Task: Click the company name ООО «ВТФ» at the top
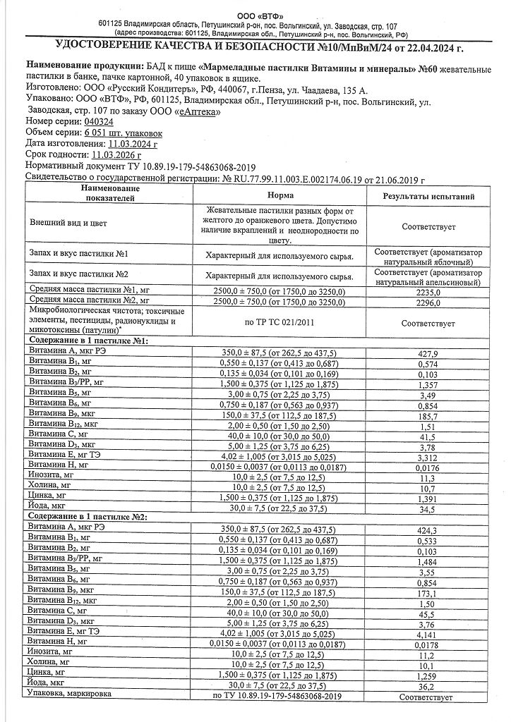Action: [x=255, y=15]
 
